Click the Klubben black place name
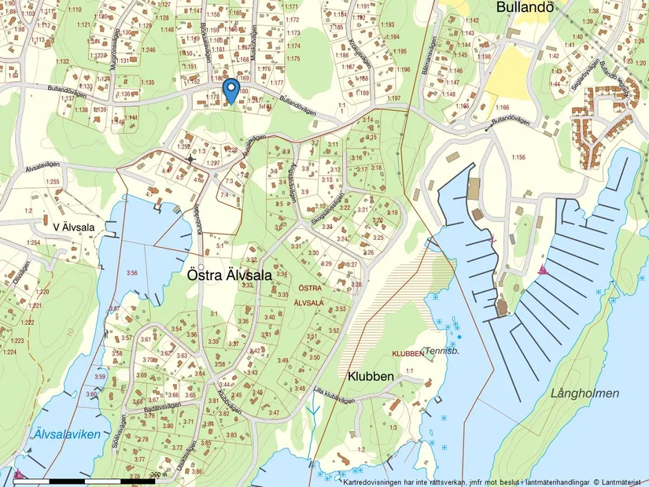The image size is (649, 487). click(x=367, y=377)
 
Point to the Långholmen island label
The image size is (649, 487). click(x=584, y=393)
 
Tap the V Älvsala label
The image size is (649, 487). click(x=74, y=227)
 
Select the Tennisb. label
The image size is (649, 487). click(x=441, y=351)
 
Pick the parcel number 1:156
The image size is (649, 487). click(x=518, y=157)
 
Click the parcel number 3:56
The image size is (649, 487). click(x=131, y=273)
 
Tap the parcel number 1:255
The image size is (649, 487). click(x=52, y=182)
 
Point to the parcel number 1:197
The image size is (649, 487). click(x=394, y=98)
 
